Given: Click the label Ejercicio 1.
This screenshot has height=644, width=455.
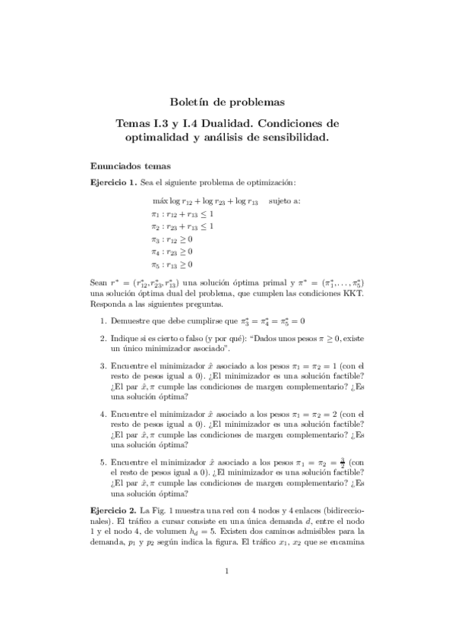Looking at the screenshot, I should coord(113,183).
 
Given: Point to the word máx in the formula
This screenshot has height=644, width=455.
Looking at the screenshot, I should coord(160,201).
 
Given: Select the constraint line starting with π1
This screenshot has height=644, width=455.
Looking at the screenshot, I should coord(182,214).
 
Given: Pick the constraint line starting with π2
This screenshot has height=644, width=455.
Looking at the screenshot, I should coord(182,226).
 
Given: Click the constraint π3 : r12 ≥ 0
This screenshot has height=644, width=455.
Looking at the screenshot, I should coord(172,239).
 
